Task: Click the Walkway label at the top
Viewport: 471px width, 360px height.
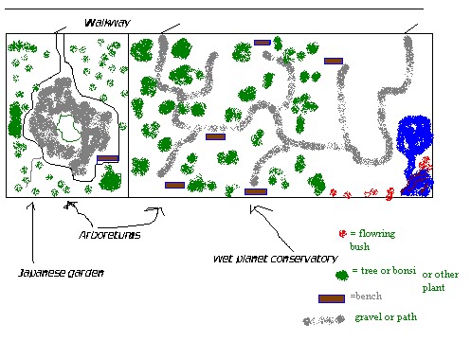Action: pyautogui.click(x=107, y=23)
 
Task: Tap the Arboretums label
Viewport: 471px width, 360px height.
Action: pyautogui.click(x=110, y=235)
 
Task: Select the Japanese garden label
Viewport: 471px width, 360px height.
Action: pyautogui.click(x=61, y=273)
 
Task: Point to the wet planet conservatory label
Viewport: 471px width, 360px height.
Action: pyautogui.click(x=276, y=259)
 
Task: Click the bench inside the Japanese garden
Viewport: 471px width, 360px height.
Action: pyautogui.click(x=108, y=158)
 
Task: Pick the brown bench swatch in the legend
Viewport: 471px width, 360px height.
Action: pyautogui.click(x=332, y=298)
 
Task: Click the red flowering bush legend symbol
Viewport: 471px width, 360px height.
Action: pyautogui.click(x=343, y=234)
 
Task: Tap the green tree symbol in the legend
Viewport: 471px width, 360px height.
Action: pyautogui.click(x=342, y=276)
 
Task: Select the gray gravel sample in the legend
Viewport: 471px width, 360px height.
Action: pyautogui.click(x=324, y=320)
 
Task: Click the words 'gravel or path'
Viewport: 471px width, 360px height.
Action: pyautogui.click(x=386, y=317)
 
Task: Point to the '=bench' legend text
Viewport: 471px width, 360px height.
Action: pyautogui.click(x=366, y=297)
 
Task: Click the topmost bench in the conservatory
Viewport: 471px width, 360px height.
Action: pyautogui.click(x=263, y=43)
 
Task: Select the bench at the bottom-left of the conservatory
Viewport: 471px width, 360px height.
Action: pyautogui.click(x=174, y=185)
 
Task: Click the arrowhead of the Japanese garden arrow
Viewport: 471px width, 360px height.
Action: pyautogui.click(x=31, y=206)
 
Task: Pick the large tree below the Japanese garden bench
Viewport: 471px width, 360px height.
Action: pyautogui.click(x=110, y=178)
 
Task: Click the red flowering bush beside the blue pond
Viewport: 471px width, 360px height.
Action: pyautogui.click(x=425, y=163)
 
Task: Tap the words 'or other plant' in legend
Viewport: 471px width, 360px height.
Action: pyautogui.click(x=441, y=280)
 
